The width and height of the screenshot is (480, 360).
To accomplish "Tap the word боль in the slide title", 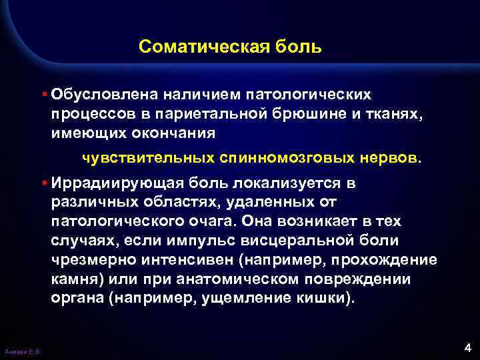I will (302, 47).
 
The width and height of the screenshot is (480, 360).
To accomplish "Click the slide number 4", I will (467, 347).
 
